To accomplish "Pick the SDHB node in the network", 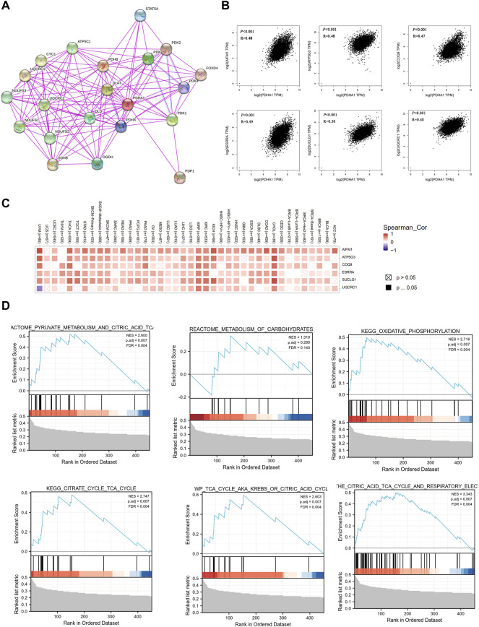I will pos(52,145).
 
